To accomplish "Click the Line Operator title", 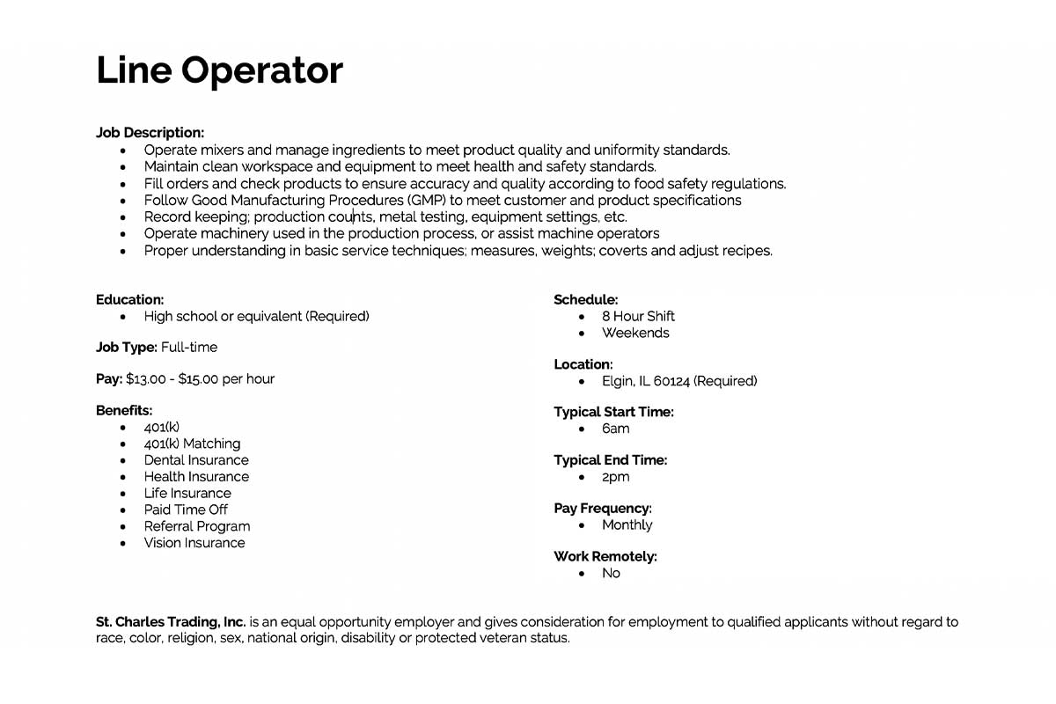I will click(219, 70).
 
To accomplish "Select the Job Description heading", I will click(150, 133).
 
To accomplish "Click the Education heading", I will click(129, 300).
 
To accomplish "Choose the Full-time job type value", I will click(189, 348).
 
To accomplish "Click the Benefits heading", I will click(124, 411).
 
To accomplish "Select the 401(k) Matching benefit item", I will click(192, 444).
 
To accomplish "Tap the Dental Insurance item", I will click(196, 460).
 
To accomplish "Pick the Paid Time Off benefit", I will click(186, 510).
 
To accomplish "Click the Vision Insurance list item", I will click(194, 543).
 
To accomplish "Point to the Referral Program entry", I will click(197, 526).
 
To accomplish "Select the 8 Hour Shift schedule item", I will click(638, 316).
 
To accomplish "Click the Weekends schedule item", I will click(635, 333).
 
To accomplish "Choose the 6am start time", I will click(615, 429).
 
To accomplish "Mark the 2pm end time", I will click(615, 477).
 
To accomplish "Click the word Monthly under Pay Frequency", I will click(627, 525).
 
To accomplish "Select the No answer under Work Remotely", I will click(611, 573).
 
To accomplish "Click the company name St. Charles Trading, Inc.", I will click(172, 622).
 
